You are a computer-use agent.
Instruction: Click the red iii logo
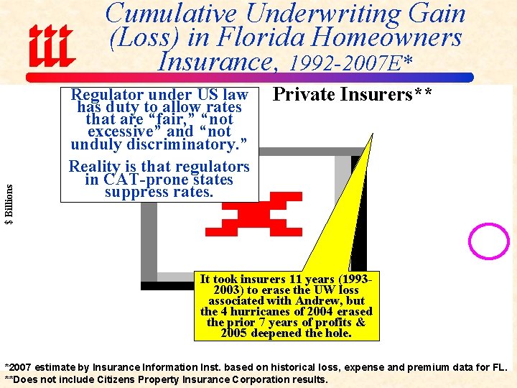point(51,45)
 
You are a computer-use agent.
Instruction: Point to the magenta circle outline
point(488,241)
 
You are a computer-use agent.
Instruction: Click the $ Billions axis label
point(9,204)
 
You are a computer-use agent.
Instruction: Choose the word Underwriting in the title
point(304,14)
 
